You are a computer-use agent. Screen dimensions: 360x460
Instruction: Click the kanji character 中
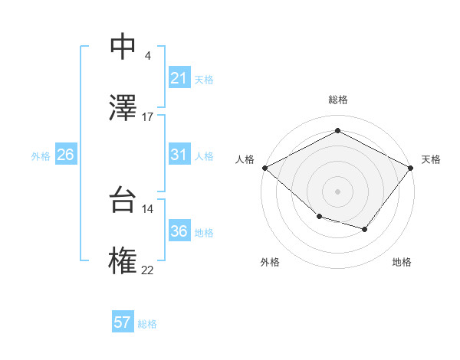(x=123, y=47)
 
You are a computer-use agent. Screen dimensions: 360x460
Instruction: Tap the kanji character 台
(x=123, y=201)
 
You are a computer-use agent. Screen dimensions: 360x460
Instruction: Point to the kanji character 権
(x=123, y=260)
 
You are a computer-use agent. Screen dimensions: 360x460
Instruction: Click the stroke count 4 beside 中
(x=147, y=56)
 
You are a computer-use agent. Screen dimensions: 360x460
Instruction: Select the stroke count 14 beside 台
(x=147, y=209)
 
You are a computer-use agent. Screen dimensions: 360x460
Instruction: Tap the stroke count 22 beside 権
(x=147, y=270)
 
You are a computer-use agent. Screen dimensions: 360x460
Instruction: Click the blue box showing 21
(x=179, y=78)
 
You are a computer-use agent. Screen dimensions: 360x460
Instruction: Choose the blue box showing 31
(x=179, y=155)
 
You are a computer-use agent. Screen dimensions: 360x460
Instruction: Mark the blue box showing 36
(x=179, y=231)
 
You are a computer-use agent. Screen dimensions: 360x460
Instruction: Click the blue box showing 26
(x=65, y=155)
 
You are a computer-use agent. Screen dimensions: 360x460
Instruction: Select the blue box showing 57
(x=123, y=322)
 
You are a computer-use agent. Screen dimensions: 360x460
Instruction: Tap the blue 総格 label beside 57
(x=147, y=324)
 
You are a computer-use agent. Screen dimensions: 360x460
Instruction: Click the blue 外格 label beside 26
(x=41, y=156)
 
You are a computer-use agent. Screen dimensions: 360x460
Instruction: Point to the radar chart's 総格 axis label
(x=338, y=100)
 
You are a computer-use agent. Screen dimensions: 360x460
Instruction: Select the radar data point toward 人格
(x=264, y=168)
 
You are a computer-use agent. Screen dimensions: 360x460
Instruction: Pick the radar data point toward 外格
(x=319, y=218)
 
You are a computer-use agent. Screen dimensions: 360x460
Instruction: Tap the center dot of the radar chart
(x=338, y=191)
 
